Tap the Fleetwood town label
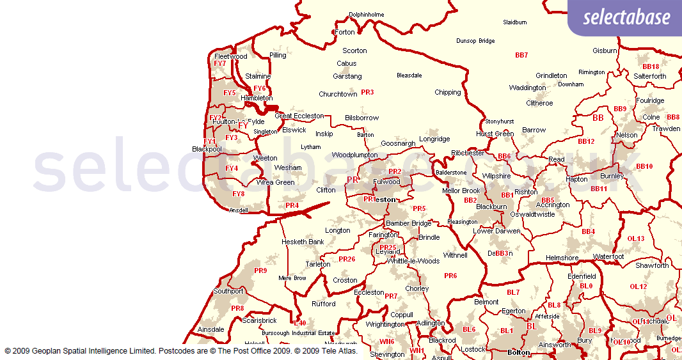(x=231, y=56)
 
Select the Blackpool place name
(x=207, y=149)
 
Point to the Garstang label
(x=347, y=76)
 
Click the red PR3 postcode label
(x=367, y=92)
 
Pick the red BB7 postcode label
(x=521, y=55)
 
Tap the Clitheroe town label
(x=539, y=103)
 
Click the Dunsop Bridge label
(x=475, y=41)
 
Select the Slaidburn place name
(x=515, y=22)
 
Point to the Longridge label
(x=434, y=139)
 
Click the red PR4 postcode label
(x=292, y=205)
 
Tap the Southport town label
(x=228, y=291)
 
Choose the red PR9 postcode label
(x=260, y=270)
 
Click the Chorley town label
(x=417, y=288)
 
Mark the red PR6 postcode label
(x=450, y=276)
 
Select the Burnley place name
(x=612, y=176)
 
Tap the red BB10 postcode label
(x=644, y=166)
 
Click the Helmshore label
(x=561, y=258)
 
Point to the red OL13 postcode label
(x=636, y=239)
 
